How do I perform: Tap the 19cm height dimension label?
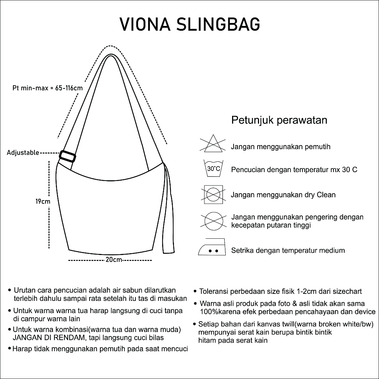coord(43,202)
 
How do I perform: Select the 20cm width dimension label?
coord(114,259)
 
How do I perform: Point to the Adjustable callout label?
coord(23,152)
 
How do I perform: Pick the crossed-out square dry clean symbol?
coord(213,194)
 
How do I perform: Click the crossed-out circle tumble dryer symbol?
coord(213,221)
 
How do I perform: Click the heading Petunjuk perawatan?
coord(279,120)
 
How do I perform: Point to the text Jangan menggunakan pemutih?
coord(275,147)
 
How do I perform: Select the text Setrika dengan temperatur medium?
coord(288,251)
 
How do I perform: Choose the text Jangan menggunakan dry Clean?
coord(283,195)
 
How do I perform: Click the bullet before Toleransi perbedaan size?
coord(195,292)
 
